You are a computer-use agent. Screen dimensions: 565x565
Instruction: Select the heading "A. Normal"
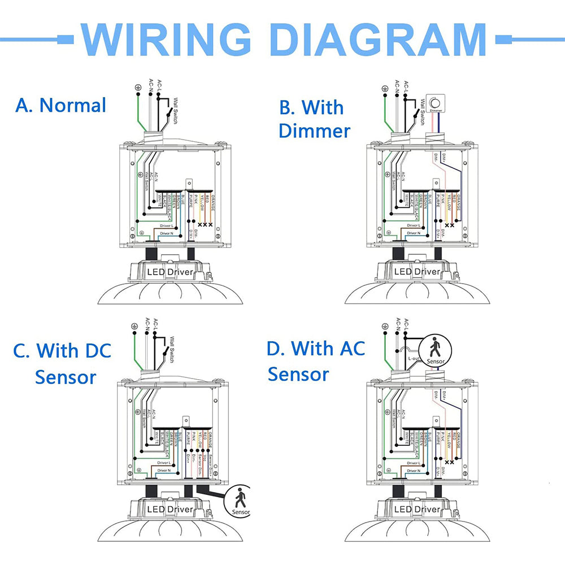click(61, 105)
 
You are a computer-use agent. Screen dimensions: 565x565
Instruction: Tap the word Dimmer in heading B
click(314, 131)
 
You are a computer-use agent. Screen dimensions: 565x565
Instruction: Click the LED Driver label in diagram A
click(170, 272)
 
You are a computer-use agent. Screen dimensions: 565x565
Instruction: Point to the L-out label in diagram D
click(414, 358)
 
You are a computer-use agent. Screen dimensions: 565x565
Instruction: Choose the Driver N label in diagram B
click(412, 233)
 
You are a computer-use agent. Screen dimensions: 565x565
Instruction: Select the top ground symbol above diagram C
click(134, 326)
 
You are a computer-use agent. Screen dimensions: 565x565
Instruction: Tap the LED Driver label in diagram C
click(170, 510)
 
